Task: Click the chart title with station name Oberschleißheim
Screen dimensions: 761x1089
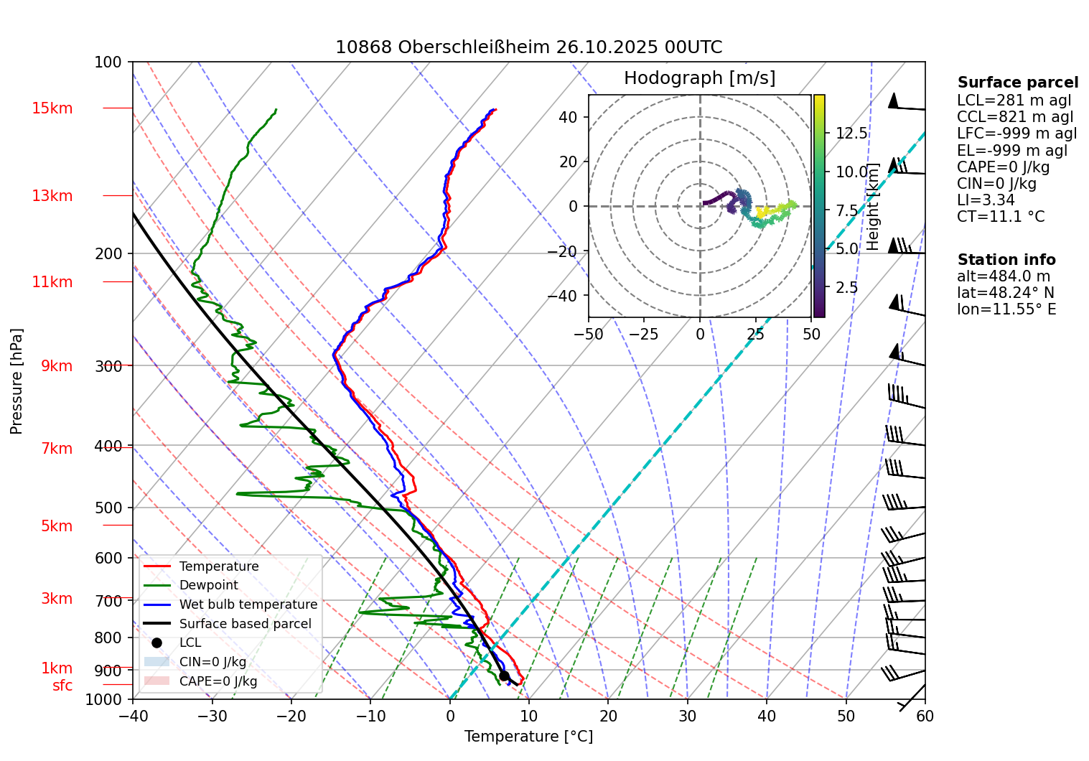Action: pos(528,47)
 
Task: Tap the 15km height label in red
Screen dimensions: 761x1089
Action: pos(52,108)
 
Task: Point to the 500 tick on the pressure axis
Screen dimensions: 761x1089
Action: pos(108,508)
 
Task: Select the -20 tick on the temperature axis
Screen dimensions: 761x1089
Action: pos(291,716)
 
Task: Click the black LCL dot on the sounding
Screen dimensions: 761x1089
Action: pos(504,676)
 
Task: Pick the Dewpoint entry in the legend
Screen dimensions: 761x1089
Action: pos(208,585)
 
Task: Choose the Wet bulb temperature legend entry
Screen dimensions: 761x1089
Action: pos(248,604)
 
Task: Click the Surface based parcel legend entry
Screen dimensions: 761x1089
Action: pos(245,624)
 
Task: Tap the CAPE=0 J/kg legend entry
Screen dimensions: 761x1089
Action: pos(218,681)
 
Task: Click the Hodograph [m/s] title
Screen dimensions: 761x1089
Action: pos(699,78)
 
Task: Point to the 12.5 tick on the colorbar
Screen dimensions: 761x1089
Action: pos(851,134)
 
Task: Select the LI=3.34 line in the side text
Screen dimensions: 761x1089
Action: pos(986,200)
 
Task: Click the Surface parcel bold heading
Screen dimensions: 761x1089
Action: pos(1017,83)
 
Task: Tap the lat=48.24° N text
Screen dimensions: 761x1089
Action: pos(1005,293)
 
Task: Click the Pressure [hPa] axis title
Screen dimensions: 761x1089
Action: pos(17,381)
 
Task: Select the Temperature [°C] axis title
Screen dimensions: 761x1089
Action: pos(528,737)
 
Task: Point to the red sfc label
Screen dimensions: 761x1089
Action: pos(62,686)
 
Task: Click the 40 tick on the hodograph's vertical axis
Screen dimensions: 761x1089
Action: pos(569,117)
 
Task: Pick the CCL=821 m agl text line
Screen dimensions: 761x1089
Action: pos(1015,117)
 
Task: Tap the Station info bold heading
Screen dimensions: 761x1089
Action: pos(1006,260)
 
